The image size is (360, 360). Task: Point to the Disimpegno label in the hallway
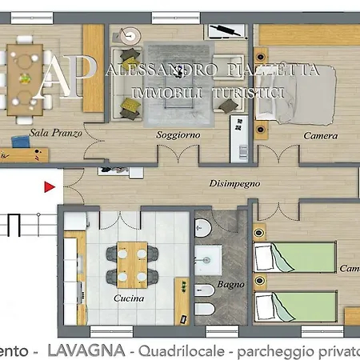point(235,183)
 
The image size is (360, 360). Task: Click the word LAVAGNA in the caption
point(86,351)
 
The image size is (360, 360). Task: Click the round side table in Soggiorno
point(127,35)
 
